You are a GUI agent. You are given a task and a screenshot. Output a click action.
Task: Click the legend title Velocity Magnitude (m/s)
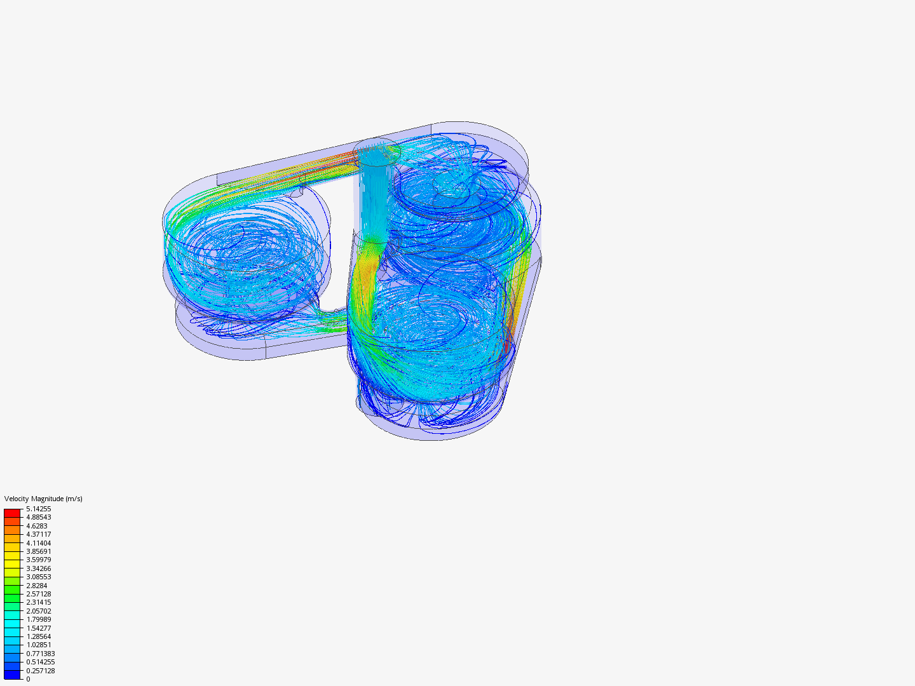pyautogui.click(x=43, y=499)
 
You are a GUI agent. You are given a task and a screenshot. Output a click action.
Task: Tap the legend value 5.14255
pyautogui.click(x=38, y=509)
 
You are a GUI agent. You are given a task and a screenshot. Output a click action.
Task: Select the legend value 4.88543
pyautogui.click(x=38, y=517)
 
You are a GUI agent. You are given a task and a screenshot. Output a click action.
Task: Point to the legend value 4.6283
pyautogui.click(x=37, y=526)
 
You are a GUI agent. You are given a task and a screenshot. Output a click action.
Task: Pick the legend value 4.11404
pyautogui.click(x=38, y=543)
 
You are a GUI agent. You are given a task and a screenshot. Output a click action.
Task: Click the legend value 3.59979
pyautogui.click(x=38, y=560)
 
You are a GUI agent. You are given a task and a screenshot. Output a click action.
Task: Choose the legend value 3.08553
pyautogui.click(x=38, y=577)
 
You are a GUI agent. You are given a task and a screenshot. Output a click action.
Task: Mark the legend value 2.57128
pyautogui.click(x=38, y=594)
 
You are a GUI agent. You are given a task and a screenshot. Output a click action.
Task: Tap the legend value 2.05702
pyautogui.click(x=38, y=611)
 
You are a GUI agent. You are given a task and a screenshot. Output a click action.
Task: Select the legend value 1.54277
pyautogui.click(x=38, y=628)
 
